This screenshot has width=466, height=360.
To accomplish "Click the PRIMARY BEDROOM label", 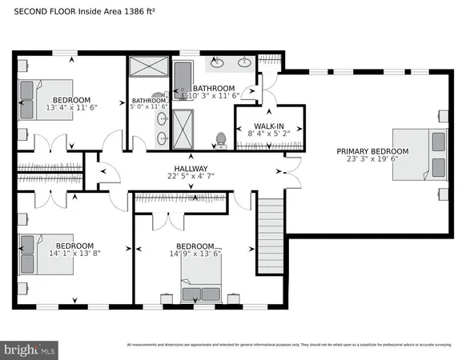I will point(372,151).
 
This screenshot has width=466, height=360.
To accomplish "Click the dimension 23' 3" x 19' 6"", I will point(372,160).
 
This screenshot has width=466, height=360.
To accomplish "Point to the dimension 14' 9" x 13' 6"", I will point(195,254).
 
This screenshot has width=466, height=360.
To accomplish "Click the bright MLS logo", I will point(30,349).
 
